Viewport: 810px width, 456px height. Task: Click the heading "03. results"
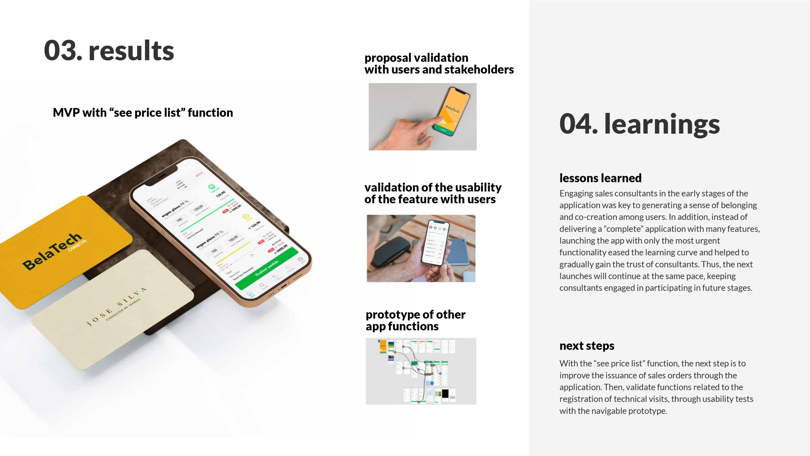tap(109, 51)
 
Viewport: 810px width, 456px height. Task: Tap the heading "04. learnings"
tap(639, 124)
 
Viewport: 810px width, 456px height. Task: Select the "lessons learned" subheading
tap(600, 178)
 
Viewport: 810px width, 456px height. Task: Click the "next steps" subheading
tap(587, 345)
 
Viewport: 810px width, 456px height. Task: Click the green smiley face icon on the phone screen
tap(212, 187)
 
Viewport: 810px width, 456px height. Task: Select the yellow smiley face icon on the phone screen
tap(246, 217)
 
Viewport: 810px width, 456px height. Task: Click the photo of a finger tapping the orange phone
tap(422, 117)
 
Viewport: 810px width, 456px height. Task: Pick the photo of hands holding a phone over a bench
tap(421, 248)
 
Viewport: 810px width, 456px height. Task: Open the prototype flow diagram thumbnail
tap(421, 371)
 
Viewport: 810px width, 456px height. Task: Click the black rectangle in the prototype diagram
tap(445, 394)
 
